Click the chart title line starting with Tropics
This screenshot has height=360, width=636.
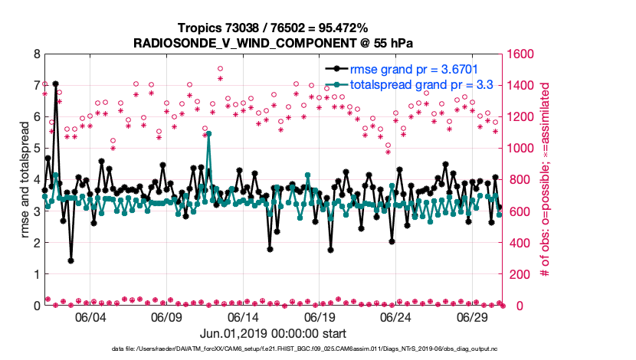(272, 28)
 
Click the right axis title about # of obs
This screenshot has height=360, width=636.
(546, 180)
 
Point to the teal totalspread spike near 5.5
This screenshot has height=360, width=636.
(208, 134)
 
